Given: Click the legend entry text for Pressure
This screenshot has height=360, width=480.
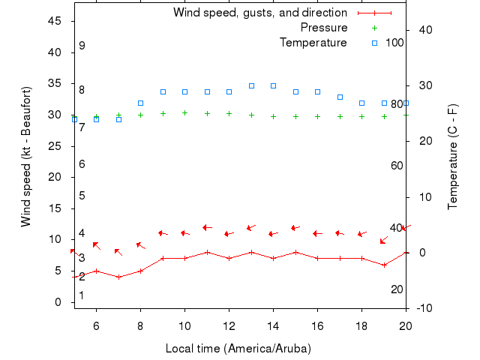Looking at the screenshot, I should (324, 28).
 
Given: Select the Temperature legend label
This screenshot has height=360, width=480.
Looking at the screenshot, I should (313, 43).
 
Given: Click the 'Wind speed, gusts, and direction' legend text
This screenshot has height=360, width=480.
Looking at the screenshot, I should (260, 13).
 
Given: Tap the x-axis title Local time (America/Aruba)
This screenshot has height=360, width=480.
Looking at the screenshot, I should (238, 349).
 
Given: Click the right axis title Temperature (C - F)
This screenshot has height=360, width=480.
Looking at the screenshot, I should (453, 157).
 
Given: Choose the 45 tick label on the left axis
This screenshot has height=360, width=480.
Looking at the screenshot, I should (55, 21).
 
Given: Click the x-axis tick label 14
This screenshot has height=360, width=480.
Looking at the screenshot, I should (273, 325).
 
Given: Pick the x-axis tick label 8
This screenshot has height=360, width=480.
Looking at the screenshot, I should (140, 325).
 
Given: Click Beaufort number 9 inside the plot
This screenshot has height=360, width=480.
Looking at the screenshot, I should (82, 46).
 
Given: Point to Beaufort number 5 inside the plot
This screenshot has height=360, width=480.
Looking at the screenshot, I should (82, 196).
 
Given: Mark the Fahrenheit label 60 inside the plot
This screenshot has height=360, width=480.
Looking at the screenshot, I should (397, 165).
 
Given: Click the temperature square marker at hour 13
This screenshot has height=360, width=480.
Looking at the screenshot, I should (251, 86).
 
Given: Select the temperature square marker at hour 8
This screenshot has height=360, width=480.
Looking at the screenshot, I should (140, 103).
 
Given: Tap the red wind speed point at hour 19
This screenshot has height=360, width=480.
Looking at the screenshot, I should (384, 265).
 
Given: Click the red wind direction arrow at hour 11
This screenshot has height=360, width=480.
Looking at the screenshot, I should (207, 227).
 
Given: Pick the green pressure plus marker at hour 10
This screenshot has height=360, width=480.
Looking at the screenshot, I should (184, 112).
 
